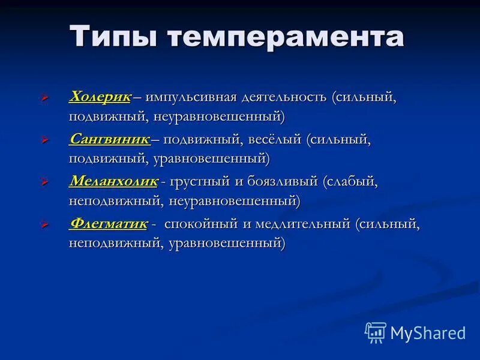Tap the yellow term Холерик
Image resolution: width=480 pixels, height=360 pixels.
click(100, 97)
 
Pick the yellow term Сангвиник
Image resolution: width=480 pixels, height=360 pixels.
click(110, 139)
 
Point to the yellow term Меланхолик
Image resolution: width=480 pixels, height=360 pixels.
click(114, 181)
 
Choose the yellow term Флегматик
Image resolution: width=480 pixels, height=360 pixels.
click(109, 224)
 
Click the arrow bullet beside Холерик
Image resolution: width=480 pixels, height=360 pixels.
click(44, 97)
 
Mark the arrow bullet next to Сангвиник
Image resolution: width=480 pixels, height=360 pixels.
click(44, 140)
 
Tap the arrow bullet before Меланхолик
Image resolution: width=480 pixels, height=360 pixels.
click(44, 182)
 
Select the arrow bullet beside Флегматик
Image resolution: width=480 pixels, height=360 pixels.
click(44, 224)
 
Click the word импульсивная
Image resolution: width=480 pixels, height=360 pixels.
click(190, 97)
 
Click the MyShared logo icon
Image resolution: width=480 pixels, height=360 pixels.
click(376, 332)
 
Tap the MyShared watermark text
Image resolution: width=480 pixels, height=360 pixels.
click(428, 332)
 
